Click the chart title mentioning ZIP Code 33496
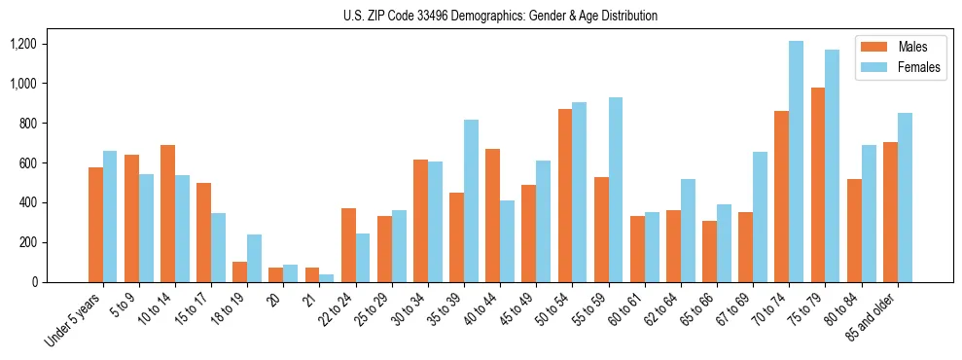coord(500,16)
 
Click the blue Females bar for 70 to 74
coord(796,162)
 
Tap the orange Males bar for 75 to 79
coord(817,185)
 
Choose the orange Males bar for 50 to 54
coord(564,196)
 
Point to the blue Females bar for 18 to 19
coord(254,258)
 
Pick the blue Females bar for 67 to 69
coord(760,217)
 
